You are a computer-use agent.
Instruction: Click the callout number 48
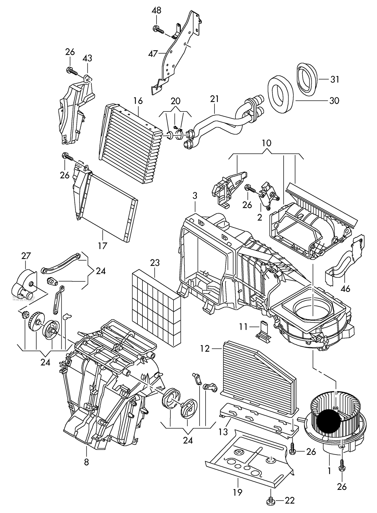(156, 10)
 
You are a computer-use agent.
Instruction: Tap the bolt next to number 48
(158, 29)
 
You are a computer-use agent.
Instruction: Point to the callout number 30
(334, 101)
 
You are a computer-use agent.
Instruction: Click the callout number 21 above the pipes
(214, 99)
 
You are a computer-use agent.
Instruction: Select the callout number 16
(138, 101)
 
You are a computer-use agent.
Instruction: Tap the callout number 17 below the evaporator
(103, 245)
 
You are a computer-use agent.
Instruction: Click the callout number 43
(87, 58)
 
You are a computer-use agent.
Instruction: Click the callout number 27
(26, 256)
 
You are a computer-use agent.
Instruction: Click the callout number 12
(205, 349)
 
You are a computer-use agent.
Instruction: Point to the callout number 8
(86, 462)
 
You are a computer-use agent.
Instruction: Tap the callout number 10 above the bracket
(267, 143)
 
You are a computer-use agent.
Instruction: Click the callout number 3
(195, 196)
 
